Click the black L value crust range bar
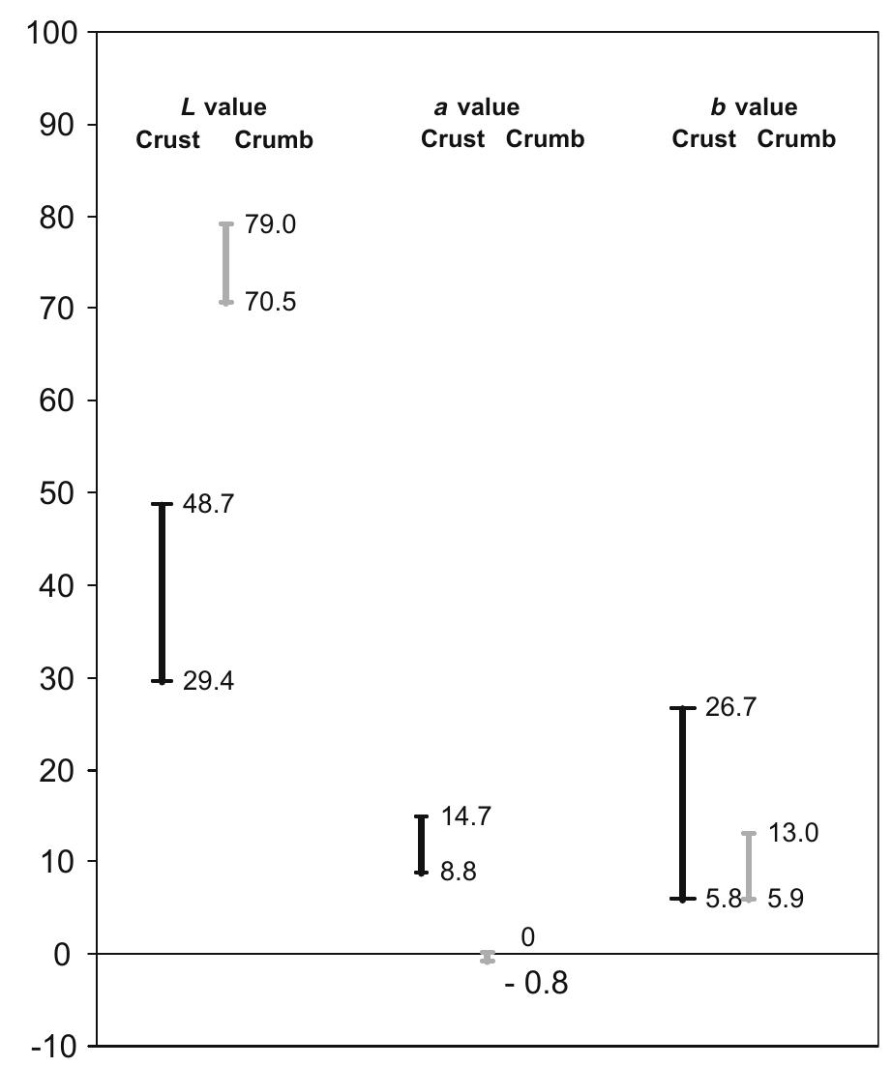click(163, 592)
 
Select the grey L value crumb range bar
click(226, 263)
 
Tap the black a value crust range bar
click(421, 845)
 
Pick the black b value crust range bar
click(682, 803)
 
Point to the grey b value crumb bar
click(749, 866)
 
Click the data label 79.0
click(270, 224)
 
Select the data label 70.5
click(270, 303)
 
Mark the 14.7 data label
click(465, 816)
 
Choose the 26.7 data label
click(732, 707)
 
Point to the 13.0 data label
click(793, 832)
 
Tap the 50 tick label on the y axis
click(61, 493)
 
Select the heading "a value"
click(475, 107)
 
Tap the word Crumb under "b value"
click(796, 139)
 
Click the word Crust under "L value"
click(167, 139)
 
